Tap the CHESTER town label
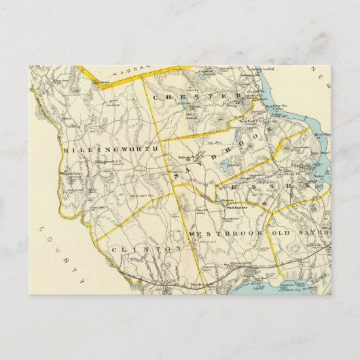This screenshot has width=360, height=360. [198, 98]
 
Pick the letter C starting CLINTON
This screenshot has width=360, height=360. [111, 249]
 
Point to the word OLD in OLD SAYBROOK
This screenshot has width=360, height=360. [281, 233]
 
